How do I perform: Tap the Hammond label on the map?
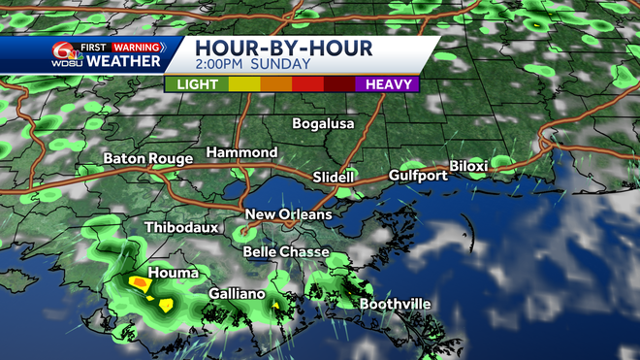[x=241, y=153]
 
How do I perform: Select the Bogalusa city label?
[x=324, y=124]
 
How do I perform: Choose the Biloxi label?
[x=467, y=167]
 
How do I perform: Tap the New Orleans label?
[x=288, y=214]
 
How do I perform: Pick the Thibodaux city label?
[x=179, y=228]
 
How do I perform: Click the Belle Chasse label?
[x=285, y=251]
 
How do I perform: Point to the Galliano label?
[x=239, y=293]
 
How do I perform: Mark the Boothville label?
[x=395, y=304]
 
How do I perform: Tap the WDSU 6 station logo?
[x=66, y=54]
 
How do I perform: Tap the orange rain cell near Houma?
[x=139, y=282]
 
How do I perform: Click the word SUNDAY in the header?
[x=282, y=64]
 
